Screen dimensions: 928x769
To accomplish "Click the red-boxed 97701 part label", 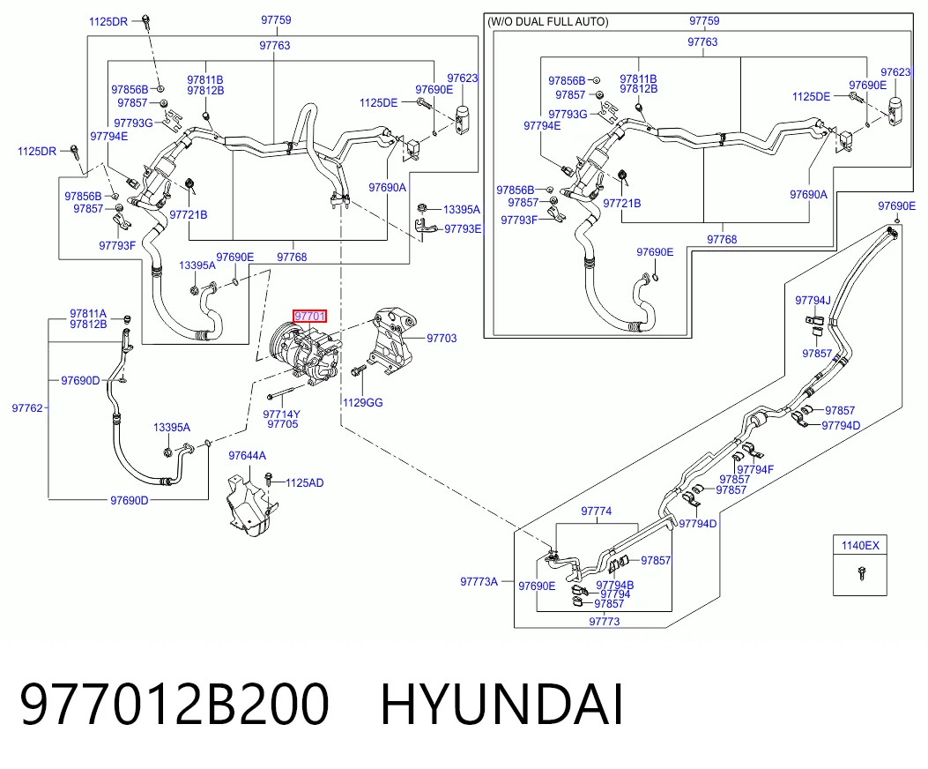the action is pos(309,316).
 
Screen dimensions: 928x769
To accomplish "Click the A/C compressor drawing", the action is pos(306,353).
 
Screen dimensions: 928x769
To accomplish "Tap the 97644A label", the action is pos(248,456).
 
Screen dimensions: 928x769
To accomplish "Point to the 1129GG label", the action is pos(363,403).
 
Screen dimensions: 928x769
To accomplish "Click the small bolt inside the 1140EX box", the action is pos(861,573).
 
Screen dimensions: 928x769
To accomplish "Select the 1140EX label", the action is pos(860,546).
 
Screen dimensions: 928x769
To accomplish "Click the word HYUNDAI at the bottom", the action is pos(501,705).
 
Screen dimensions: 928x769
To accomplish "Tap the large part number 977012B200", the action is pos(174,705).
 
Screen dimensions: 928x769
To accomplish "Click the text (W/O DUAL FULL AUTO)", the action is pos(547,22).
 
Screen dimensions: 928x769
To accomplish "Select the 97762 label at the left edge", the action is pos(27,408).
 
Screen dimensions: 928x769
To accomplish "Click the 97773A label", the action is pos(479,582).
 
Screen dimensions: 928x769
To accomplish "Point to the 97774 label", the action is pos(596,511).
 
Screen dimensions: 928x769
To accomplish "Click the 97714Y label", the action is pos(282,414).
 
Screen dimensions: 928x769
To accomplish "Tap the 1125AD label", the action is pos(305,483).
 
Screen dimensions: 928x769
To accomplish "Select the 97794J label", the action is pos(813,301).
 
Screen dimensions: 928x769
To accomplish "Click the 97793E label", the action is pos(464,229).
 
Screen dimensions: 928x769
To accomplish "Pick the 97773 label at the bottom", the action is pos(605,622).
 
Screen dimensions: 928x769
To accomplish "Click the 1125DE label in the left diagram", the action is pos(378,103).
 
